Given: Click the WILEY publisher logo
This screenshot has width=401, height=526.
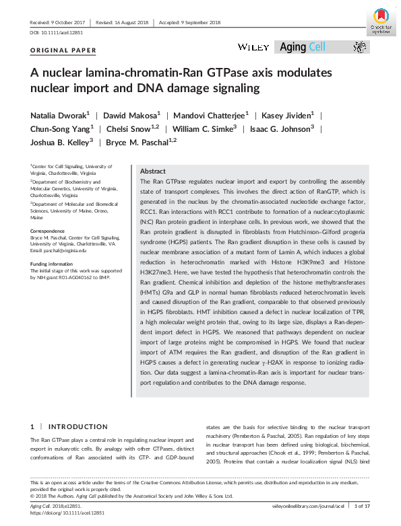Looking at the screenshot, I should pos(253,47).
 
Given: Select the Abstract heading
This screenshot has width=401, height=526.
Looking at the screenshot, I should pos(152,172).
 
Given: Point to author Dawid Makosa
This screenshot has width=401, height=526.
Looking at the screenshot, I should pos(135,116).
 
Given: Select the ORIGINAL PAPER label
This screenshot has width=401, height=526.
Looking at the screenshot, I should pos(63,50).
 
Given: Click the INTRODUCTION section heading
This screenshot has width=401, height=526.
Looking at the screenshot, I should pos(78,426).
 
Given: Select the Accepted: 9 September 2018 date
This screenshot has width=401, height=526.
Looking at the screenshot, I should pos(189,22).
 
